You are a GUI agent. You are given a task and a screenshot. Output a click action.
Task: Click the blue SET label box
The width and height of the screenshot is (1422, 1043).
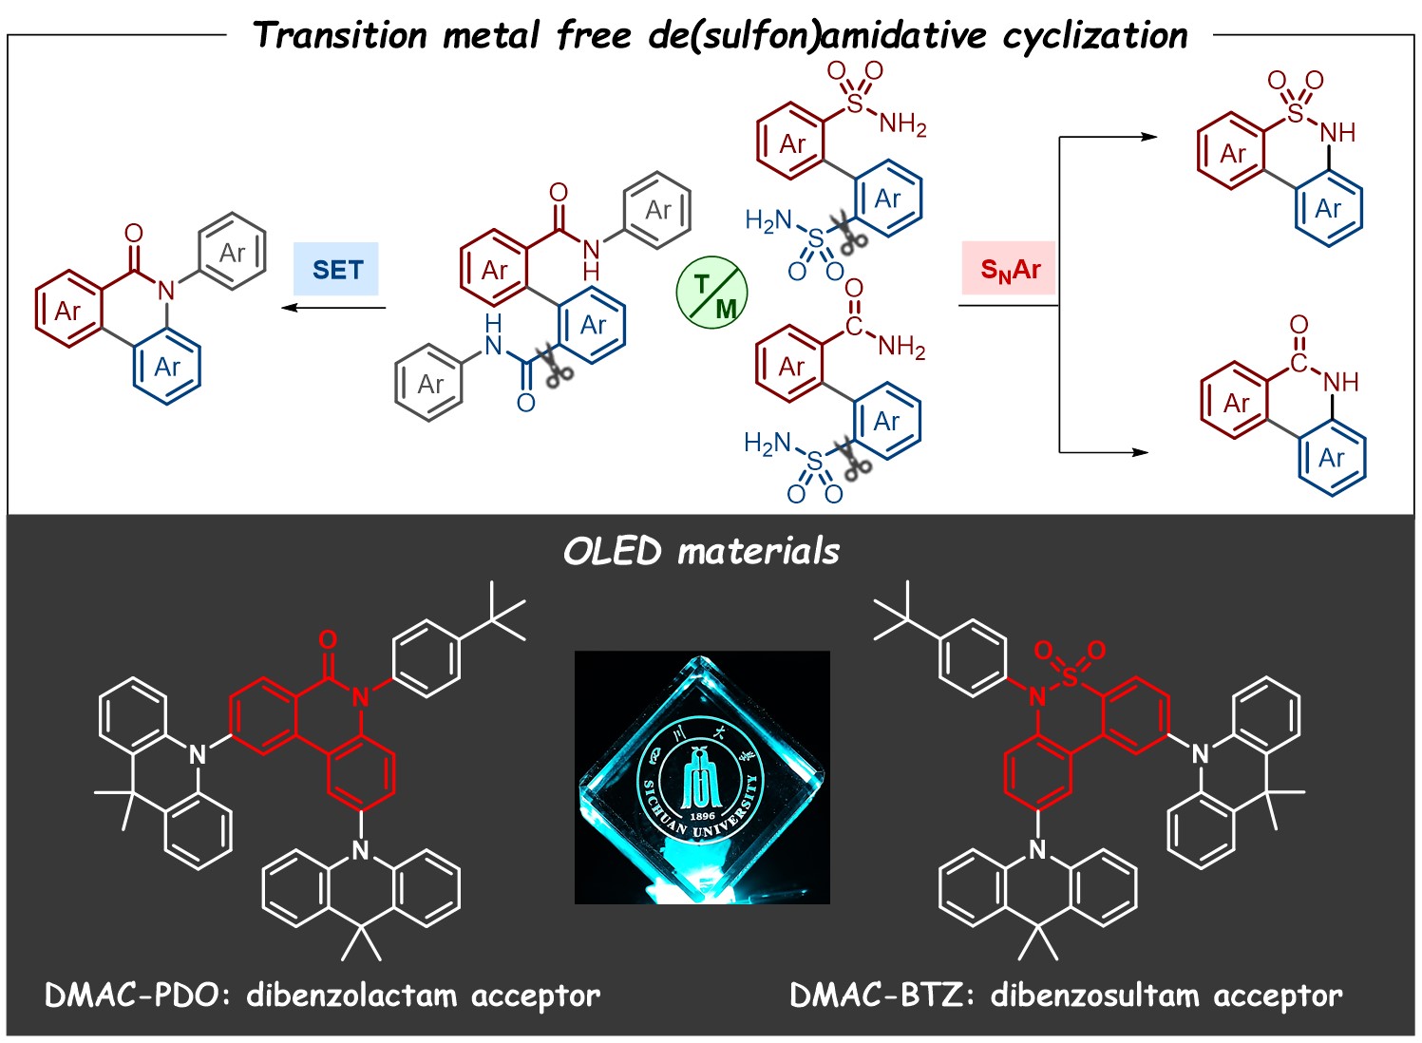[336, 270]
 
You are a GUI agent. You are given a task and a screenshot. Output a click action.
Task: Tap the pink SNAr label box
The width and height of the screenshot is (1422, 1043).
[1010, 271]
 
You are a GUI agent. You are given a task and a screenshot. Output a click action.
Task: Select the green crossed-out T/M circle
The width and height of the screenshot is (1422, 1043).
[711, 294]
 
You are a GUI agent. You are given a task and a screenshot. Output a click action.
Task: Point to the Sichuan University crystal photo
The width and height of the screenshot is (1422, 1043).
[702, 777]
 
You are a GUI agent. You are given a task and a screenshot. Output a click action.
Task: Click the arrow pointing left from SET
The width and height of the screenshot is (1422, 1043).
[332, 307]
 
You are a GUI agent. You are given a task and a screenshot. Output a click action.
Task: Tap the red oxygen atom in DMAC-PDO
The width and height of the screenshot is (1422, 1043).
[328, 639]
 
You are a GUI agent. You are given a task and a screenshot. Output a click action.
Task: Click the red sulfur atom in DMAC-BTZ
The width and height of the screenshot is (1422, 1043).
[1071, 676]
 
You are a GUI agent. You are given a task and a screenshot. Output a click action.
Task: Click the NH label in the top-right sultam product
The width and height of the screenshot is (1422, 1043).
[1337, 133]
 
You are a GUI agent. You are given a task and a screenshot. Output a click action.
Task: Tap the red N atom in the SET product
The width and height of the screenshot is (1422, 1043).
[167, 291]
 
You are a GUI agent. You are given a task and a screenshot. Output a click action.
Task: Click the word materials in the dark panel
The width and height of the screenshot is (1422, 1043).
[759, 551]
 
